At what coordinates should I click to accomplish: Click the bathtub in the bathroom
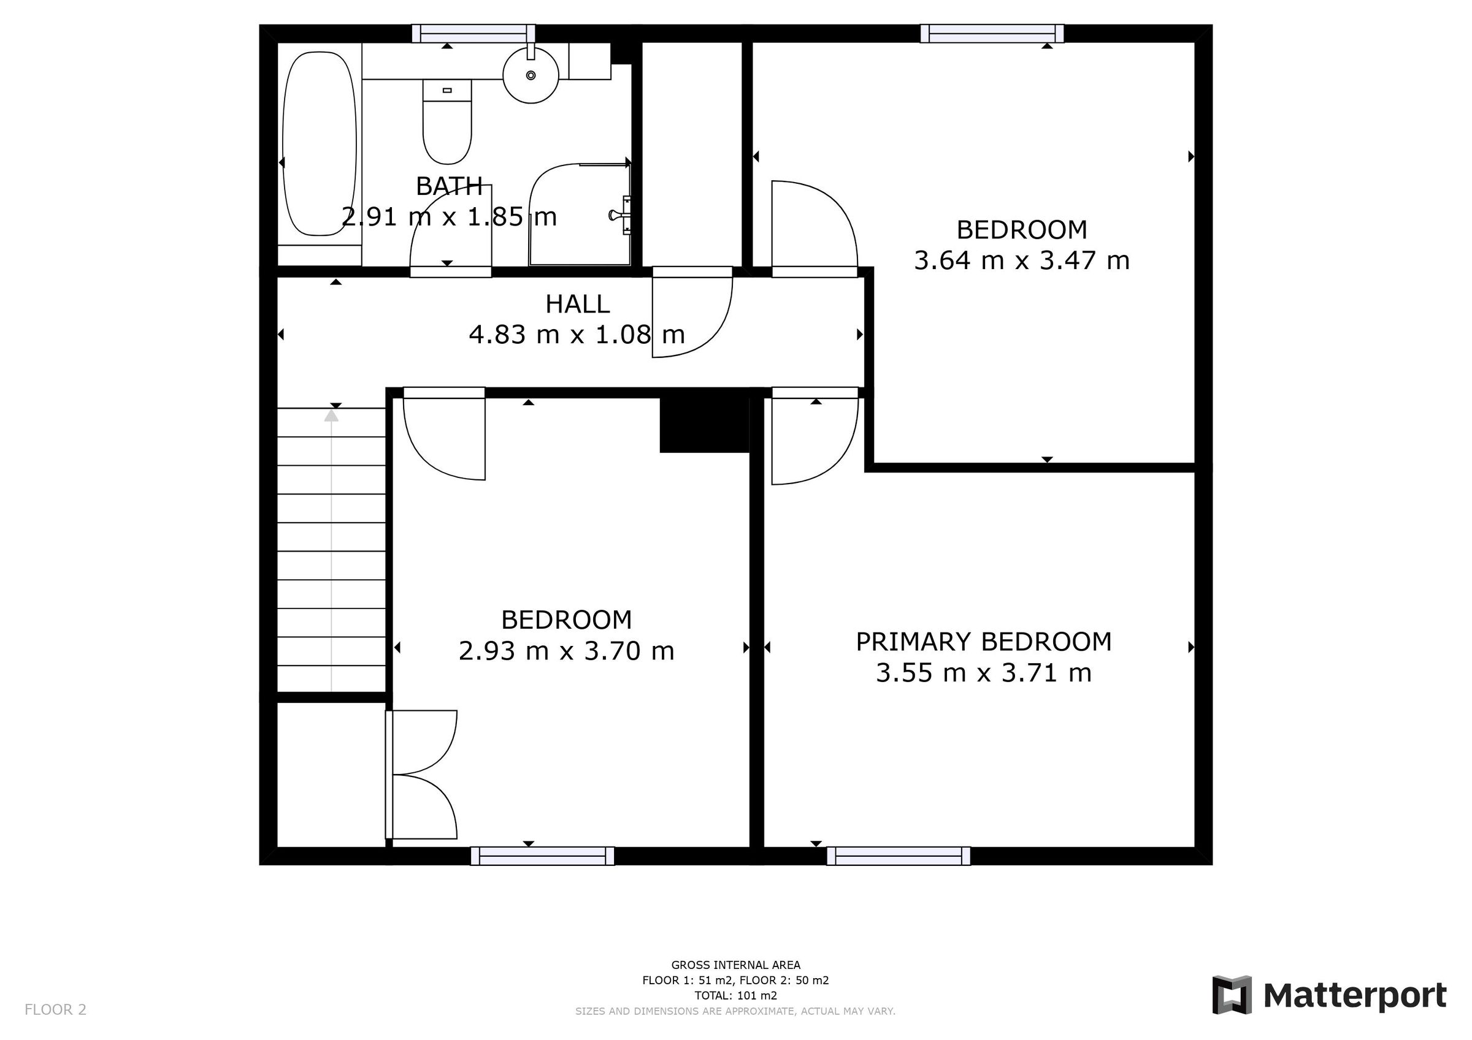(320, 144)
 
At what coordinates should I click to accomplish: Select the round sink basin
(531, 75)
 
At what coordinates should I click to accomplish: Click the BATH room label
(449, 186)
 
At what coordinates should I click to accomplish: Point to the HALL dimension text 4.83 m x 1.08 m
(577, 335)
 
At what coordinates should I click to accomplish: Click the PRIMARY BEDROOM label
(983, 642)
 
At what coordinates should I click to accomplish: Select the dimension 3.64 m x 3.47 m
(1021, 261)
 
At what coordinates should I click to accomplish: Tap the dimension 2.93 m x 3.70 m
(566, 651)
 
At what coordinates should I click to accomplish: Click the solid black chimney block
(704, 425)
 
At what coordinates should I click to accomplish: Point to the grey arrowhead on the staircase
(331, 416)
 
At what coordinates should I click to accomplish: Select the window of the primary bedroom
(897, 856)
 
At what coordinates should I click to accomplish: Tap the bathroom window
(473, 33)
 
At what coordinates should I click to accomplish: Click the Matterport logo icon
(1231, 995)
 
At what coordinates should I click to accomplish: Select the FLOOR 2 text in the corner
(55, 1010)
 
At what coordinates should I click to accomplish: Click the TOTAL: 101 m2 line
(735, 995)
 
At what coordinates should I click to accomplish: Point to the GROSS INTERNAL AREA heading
(735, 965)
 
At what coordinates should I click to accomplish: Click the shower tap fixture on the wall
(621, 215)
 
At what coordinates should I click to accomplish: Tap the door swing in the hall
(691, 317)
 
